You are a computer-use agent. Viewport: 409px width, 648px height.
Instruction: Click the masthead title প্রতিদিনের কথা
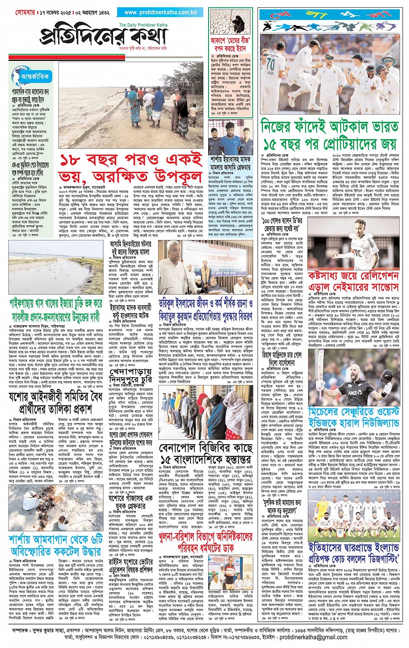[x=104, y=38]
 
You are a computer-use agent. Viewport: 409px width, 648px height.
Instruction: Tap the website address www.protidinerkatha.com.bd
[x=161, y=13]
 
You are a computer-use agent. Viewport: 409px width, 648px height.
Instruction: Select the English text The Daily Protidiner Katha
[x=142, y=25]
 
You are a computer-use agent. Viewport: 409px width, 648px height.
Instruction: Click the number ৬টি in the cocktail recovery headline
[x=96, y=539]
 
